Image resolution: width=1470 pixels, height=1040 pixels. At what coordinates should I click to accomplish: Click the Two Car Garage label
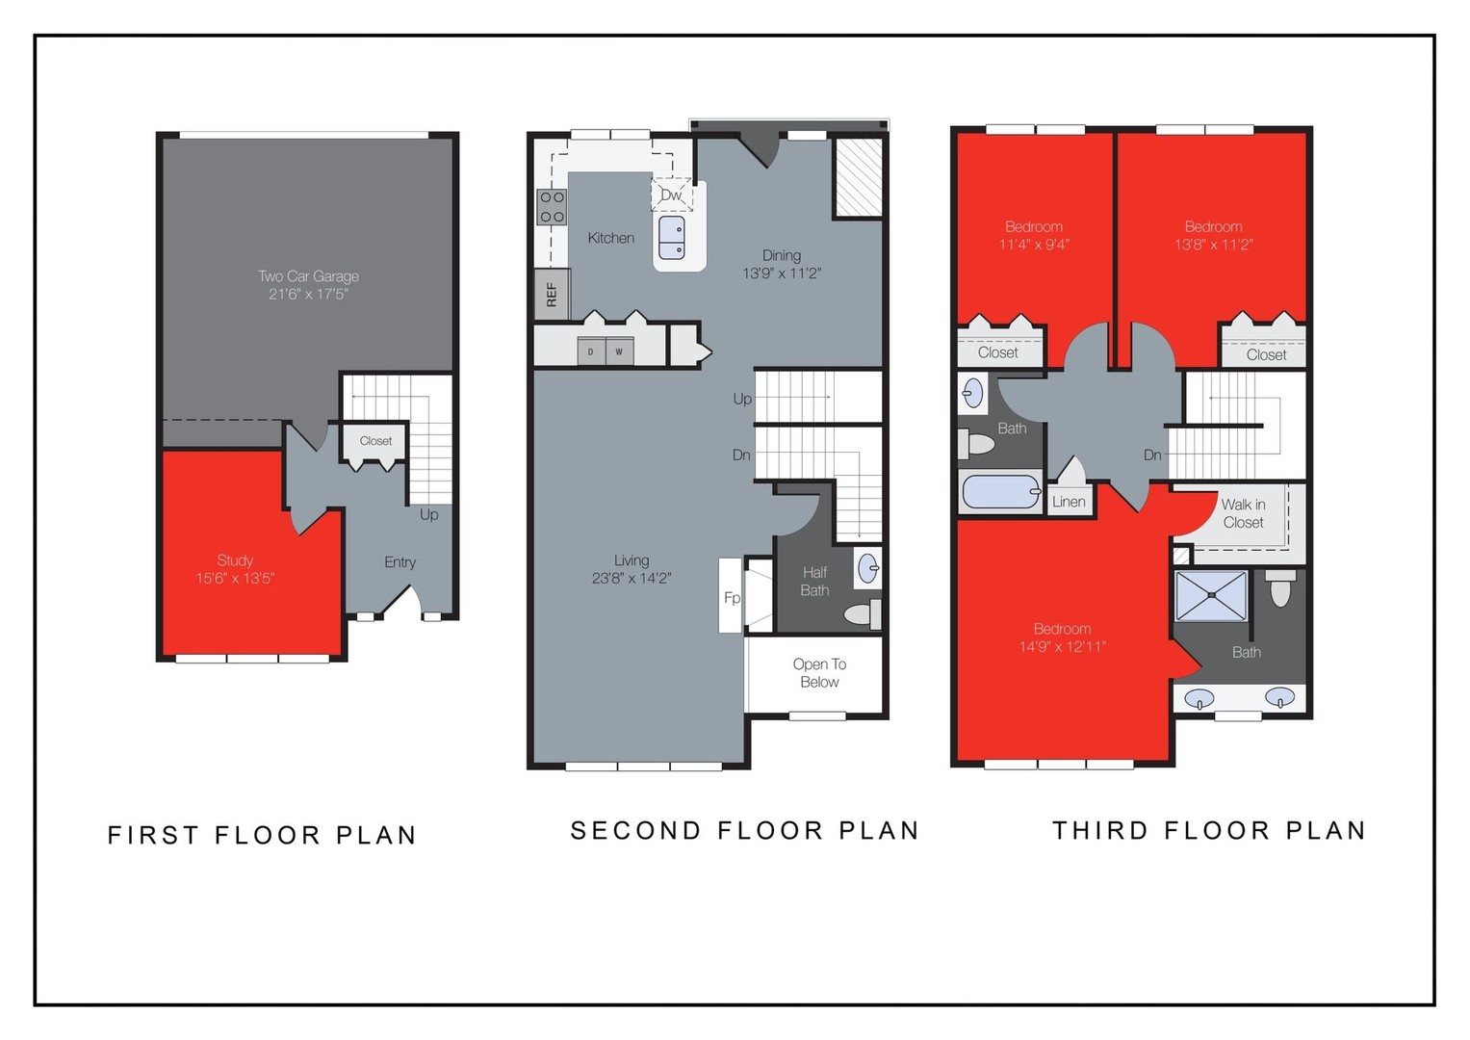(308, 276)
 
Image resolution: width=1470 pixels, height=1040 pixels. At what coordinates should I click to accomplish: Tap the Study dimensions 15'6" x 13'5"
(235, 579)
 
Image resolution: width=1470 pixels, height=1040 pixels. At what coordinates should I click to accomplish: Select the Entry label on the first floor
(400, 562)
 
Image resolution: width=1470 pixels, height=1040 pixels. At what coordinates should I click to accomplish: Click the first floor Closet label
(375, 441)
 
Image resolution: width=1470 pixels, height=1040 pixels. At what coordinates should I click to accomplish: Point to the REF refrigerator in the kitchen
(552, 294)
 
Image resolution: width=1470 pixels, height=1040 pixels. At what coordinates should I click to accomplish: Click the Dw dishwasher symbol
(671, 195)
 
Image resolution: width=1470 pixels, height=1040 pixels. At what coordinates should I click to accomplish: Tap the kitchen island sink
(671, 238)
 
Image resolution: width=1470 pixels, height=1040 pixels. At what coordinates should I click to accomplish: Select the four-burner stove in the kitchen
(552, 207)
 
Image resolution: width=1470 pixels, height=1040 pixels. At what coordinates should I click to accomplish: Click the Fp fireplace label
(732, 598)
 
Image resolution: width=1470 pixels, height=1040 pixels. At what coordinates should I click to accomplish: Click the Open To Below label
(819, 673)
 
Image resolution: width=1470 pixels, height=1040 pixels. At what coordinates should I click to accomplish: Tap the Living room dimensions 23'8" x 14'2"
(632, 579)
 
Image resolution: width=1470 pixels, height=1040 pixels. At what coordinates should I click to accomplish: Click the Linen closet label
(1069, 502)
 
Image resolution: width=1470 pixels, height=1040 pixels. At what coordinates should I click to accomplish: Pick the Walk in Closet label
(1243, 513)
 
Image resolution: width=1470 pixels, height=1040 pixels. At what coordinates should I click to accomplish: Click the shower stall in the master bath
(1211, 596)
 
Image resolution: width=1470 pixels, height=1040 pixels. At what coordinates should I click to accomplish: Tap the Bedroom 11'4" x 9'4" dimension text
(1034, 245)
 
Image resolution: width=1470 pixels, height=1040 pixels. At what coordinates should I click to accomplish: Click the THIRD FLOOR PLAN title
(1209, 830)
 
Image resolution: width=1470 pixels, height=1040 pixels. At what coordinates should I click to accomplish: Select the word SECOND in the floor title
(636, 830)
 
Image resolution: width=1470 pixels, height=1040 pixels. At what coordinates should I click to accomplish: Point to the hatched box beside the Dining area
(858, 177)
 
